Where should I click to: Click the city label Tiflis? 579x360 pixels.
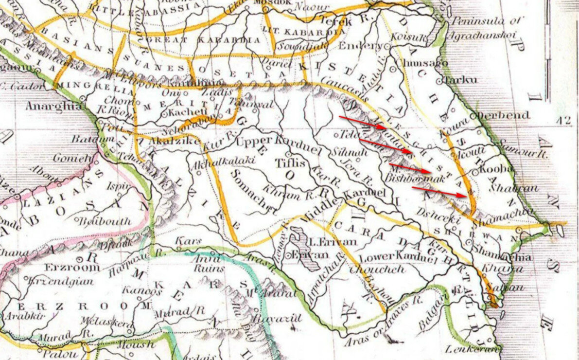291,163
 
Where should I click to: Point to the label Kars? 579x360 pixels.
185,241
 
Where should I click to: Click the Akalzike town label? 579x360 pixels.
169,141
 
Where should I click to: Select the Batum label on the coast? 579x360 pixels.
86,140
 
